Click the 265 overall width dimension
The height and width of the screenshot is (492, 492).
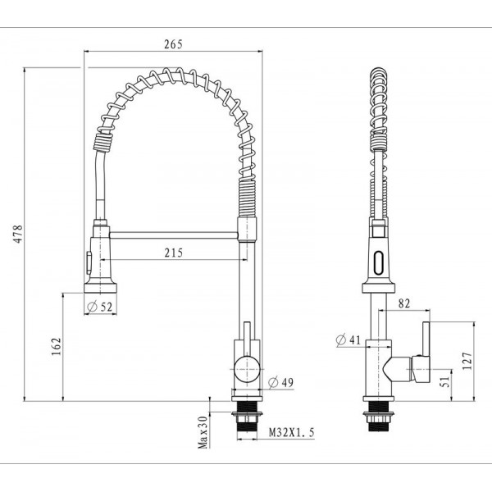point(172,43)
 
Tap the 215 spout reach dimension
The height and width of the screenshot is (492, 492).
point(172,253)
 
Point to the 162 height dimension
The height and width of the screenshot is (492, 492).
point(55,348)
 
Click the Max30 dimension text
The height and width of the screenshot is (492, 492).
point(201,431)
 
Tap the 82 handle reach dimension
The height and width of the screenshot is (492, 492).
point(403,304)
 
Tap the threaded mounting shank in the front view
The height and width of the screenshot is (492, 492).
point(245,418)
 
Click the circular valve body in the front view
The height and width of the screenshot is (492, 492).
point(245,370)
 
